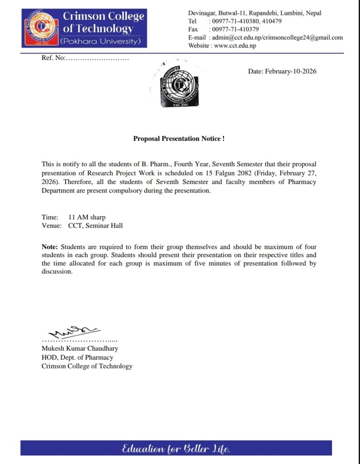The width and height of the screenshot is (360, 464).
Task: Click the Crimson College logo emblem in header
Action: point(42,28)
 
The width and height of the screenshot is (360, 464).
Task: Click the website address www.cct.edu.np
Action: point(235,45)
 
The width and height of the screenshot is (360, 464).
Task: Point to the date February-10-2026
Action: point(282,72)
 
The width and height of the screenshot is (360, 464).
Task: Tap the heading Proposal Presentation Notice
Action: point(179,139)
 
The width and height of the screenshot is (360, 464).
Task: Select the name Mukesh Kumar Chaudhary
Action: point(80,349)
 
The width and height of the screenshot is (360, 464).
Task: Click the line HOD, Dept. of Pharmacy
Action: point(77,358)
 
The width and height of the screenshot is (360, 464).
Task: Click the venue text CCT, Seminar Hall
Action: point(95,225)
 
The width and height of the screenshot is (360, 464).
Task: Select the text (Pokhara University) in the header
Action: point(100,41)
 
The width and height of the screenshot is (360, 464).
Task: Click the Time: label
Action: point(50,217)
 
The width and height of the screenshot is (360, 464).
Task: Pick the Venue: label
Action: point(52,225)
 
